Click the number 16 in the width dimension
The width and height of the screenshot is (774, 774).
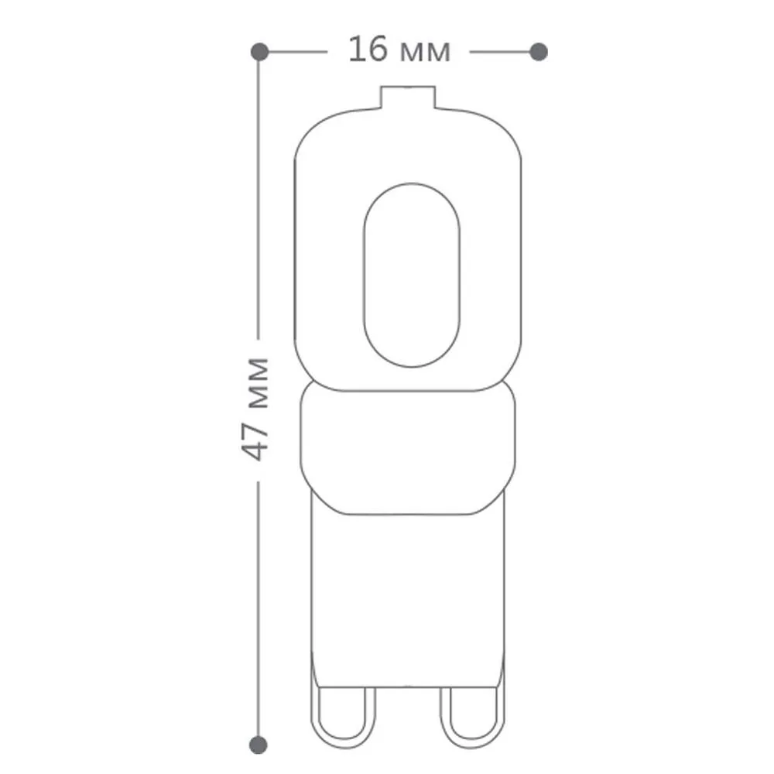click(x=368, y=50)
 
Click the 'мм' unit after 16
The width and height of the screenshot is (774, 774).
click(x=425, y=53)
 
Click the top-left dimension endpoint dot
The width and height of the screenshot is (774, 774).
click(x=259, y=52)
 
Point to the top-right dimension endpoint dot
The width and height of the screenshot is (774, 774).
click(x=539, y=52)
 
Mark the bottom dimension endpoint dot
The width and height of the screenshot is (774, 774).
click(x=259, y=745)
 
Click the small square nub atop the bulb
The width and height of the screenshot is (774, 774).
click(x=408, y=98)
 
